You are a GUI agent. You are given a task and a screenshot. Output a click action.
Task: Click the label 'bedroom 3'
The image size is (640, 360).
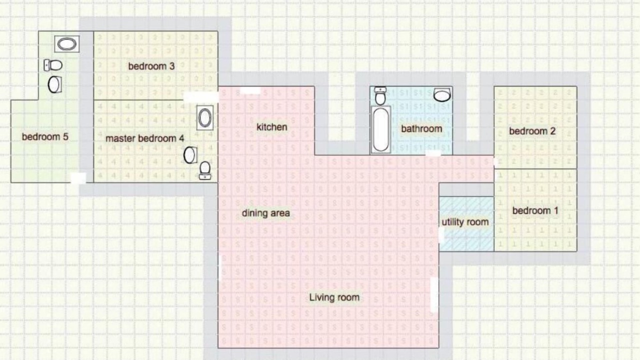tap(151, 66)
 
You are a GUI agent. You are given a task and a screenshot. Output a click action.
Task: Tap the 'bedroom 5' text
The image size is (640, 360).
tap(45, 137)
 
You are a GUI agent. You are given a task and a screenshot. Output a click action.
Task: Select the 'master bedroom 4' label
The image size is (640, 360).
tap(145, 138)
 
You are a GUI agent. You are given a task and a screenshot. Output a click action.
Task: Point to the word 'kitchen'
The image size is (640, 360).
tap(271, 127)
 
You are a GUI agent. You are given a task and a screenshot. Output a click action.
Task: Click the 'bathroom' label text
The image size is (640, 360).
tap(421, 129)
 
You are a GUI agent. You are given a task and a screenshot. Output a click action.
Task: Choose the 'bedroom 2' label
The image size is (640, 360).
tap(532, 131)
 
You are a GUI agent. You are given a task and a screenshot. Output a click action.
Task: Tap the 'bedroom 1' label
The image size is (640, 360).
tap(535, 211)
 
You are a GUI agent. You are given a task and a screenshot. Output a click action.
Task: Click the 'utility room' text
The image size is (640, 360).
tap(465, 222)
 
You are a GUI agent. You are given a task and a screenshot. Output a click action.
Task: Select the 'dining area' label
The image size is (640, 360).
tap(265, 213)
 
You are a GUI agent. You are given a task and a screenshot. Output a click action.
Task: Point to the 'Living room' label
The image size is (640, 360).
tap(334, 297)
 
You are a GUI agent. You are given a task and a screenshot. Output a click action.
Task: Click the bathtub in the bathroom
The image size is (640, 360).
tap(381, 129)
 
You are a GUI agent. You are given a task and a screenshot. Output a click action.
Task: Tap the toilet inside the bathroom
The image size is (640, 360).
tap(380, 95)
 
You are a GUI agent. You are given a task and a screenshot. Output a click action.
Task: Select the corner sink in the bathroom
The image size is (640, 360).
tap(442, 94)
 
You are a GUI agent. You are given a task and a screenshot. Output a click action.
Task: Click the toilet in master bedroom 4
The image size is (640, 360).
tap(205, 170)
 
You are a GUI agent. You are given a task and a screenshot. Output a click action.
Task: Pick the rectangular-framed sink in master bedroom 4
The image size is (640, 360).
tap(205, 117)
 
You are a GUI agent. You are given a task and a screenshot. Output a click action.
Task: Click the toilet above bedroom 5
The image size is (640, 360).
tap(53, 65)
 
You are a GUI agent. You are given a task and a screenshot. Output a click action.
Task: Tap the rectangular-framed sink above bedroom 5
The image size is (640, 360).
tap(67, 44)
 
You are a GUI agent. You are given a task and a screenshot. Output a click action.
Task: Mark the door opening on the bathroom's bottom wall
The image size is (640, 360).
tap(433, 153)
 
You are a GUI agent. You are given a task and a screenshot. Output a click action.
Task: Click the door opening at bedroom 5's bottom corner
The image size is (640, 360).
tap(78, 178)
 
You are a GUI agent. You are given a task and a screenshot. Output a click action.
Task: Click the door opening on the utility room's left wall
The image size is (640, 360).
tap(441, 235)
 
